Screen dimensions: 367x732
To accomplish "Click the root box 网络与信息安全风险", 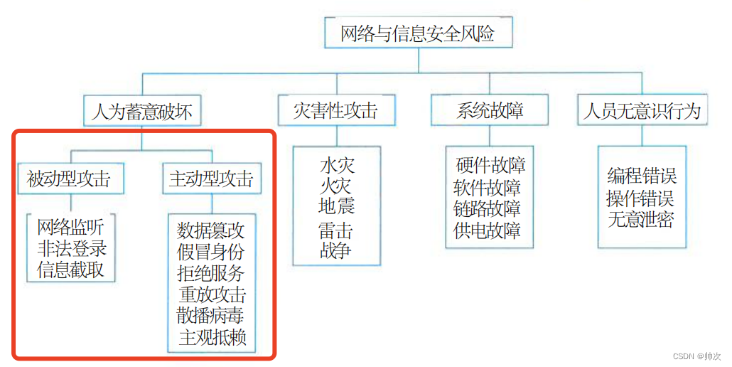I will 418,33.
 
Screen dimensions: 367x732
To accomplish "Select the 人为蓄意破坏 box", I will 142,112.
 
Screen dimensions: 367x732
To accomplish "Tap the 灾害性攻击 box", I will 335,111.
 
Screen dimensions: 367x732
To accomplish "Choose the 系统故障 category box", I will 490,111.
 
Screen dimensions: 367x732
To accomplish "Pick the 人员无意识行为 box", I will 642,111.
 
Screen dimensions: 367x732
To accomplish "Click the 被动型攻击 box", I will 69,179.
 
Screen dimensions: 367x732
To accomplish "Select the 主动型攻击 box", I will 211,179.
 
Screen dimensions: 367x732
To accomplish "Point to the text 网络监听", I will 71,228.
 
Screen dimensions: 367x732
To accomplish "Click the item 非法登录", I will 71,249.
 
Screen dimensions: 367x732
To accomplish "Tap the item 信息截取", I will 71,270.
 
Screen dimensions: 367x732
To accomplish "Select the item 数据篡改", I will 211,230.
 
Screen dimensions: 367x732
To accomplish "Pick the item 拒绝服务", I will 211,273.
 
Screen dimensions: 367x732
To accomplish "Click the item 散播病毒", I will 211,316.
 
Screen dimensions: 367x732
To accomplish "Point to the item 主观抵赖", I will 212,337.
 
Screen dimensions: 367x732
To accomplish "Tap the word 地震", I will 336,207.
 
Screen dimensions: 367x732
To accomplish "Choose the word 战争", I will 336,250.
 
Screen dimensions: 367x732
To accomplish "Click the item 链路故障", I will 488,209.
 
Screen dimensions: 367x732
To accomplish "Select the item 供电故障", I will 488,230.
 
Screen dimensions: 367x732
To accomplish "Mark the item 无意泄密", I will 641,220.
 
